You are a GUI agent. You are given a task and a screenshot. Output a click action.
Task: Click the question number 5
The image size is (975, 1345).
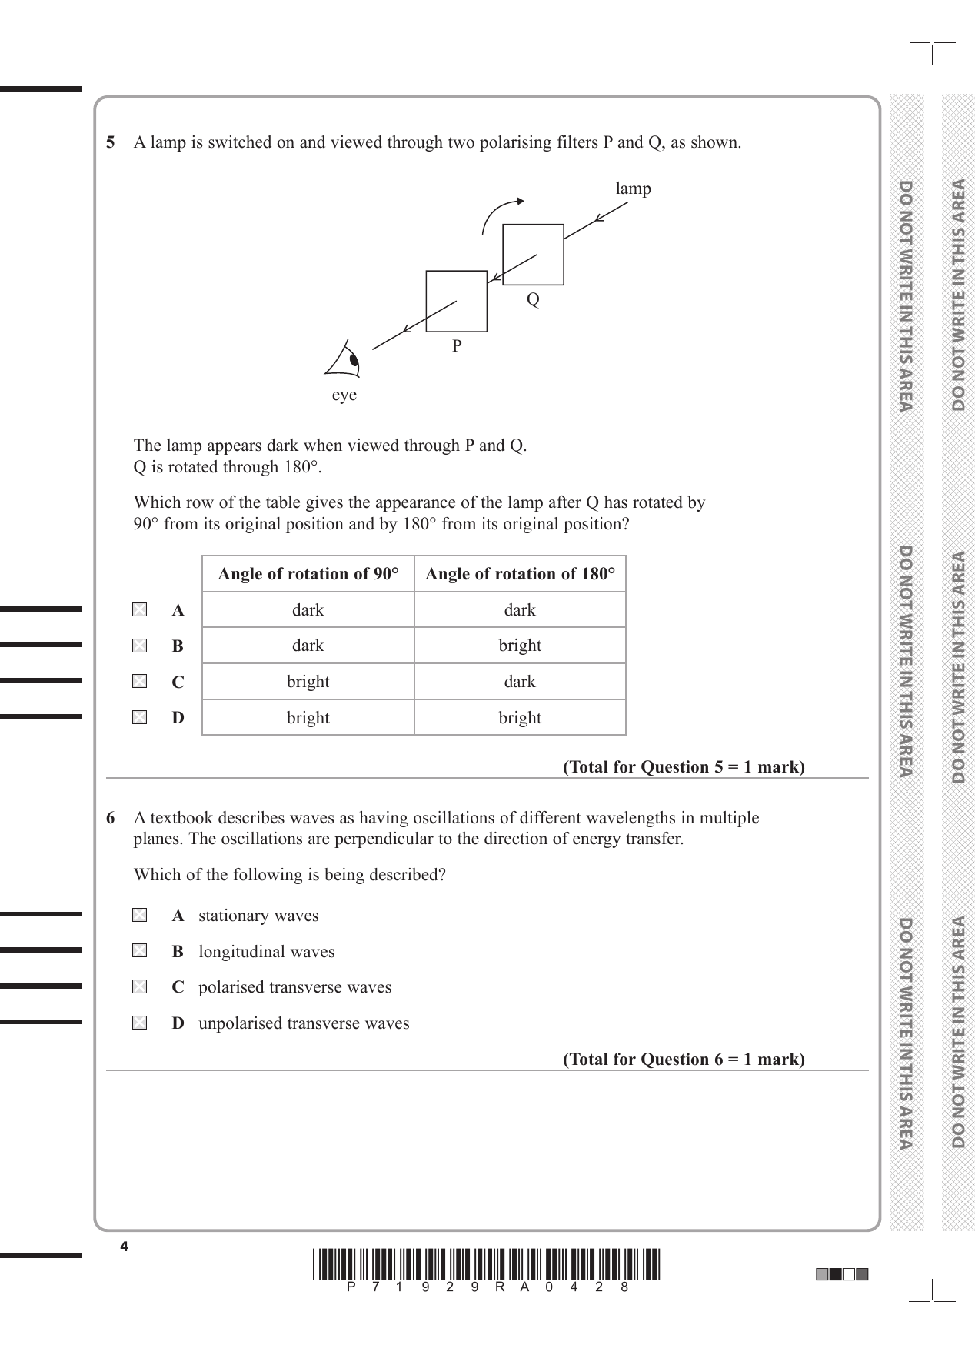(111, 142)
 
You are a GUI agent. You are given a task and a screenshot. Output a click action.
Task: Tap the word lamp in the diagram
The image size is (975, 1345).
(633, 189)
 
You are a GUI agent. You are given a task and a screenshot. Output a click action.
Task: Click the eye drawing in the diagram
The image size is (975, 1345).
(345, 360)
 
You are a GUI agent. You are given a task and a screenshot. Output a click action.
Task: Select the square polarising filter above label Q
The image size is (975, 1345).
(533, 255)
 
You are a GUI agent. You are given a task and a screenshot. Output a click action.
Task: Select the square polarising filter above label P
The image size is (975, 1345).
(456, 301)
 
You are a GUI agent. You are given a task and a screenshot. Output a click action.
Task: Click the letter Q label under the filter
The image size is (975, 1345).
(533, 299)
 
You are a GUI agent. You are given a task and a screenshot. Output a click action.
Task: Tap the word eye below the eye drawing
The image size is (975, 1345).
(344, 395)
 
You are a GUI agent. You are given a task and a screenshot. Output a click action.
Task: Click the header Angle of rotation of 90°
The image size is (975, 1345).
(308, 574)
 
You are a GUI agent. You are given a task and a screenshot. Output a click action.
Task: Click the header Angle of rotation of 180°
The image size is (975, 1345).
(520, 574)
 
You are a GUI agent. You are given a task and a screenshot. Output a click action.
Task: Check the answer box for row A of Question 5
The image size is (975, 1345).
(139, 610)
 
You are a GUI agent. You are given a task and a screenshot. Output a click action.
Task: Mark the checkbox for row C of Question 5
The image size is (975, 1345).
(139, 682)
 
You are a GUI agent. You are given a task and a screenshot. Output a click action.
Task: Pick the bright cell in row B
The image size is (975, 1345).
(520, 646)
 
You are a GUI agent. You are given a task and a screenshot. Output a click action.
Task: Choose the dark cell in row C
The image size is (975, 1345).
(520, 682)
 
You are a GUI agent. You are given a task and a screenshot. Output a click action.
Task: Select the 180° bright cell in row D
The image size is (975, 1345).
(520, 718)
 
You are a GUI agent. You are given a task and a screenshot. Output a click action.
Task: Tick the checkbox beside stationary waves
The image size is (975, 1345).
(139, 916)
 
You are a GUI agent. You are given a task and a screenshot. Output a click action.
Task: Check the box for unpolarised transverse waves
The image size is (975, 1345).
(139, 1023)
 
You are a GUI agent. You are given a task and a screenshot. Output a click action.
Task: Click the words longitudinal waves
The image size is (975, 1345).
(267, 952)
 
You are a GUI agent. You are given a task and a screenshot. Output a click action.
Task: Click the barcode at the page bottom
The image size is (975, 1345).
(487, 1265)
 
